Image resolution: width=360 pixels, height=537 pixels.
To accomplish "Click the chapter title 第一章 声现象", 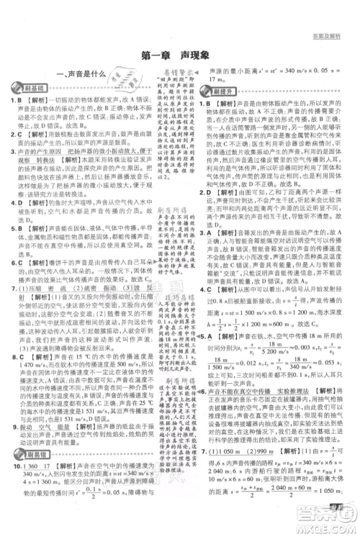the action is pos(180,53).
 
